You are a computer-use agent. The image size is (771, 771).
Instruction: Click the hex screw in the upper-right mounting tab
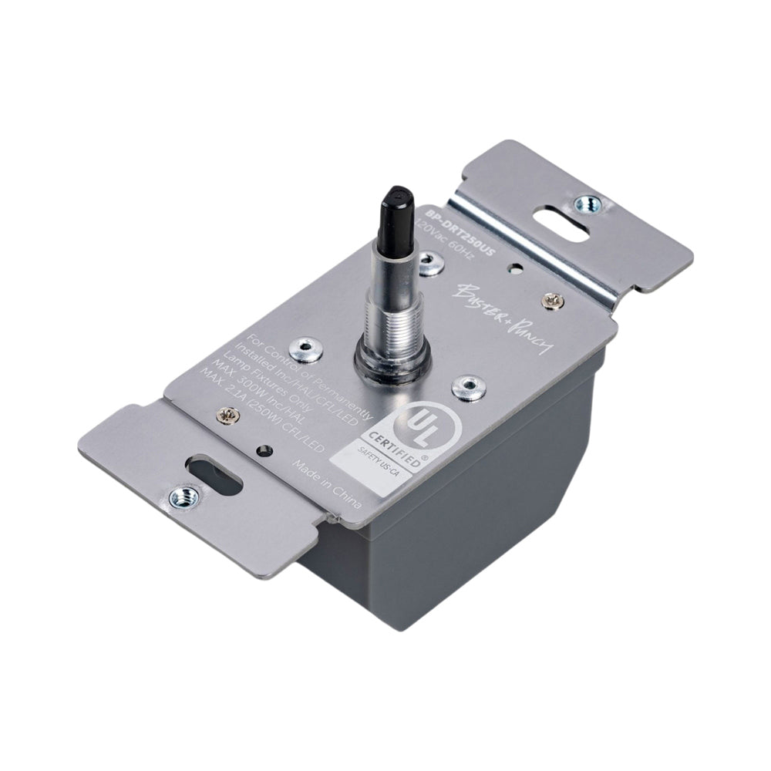click(586, 204)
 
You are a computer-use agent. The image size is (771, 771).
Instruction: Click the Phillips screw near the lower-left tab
click(229, 416)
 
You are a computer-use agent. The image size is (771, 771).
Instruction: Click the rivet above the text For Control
click(305, 349)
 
